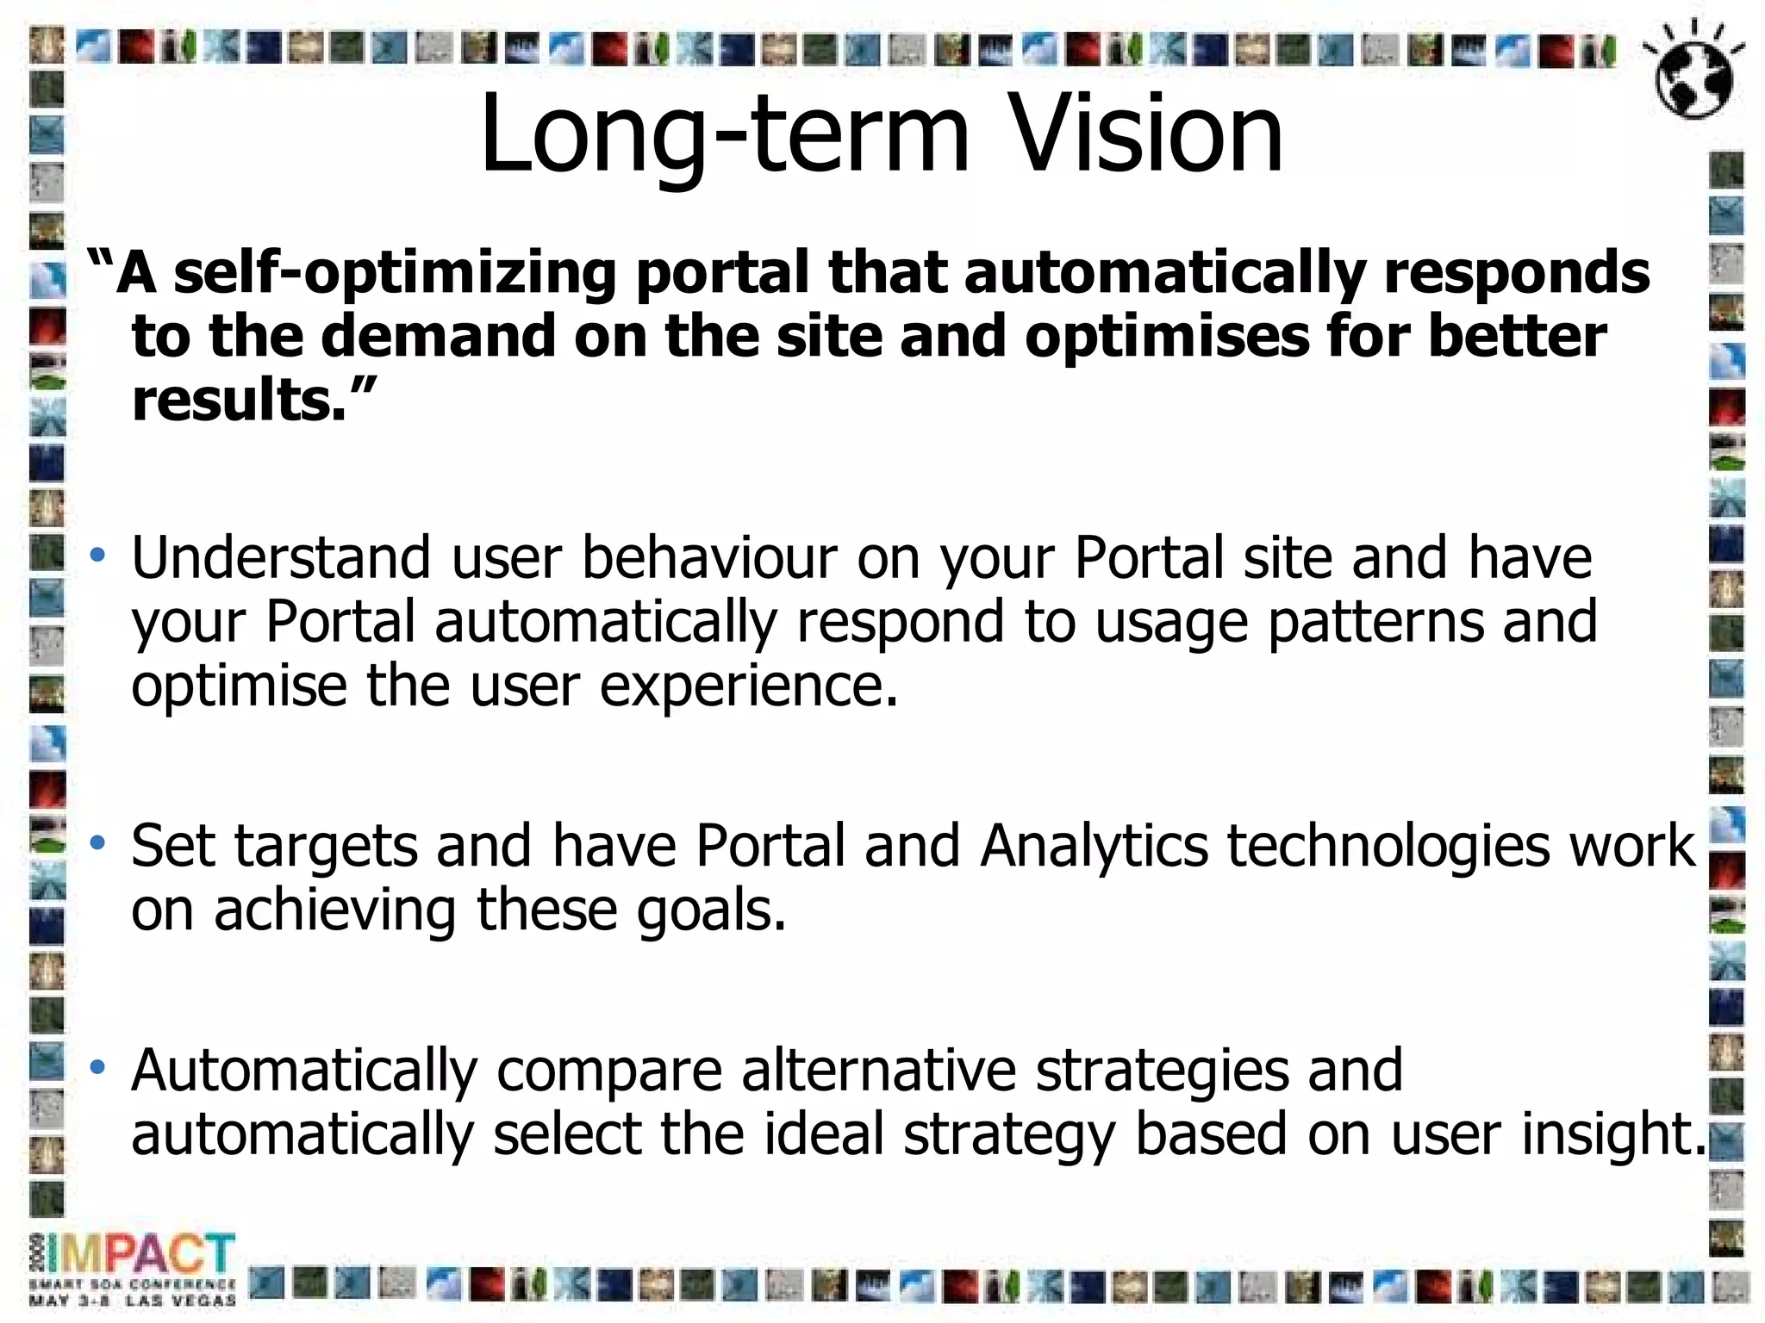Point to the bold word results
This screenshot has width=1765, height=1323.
[240, 401]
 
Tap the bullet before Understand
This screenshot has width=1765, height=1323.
[97, 556]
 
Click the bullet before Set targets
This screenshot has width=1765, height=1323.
[97, 842]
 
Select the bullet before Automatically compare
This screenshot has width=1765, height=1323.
[97, 1067]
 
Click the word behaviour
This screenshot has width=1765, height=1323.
[708, 558]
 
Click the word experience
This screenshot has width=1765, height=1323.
[748, 687]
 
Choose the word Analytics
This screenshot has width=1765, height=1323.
[1094, 846]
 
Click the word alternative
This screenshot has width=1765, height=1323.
[878, 1071]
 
